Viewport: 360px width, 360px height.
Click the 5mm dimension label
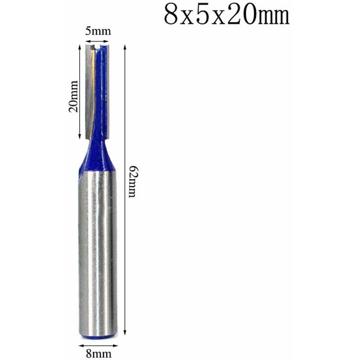pos(98,31)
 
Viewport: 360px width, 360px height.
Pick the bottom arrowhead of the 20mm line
pos(81,137)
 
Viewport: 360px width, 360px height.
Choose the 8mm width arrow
pos(98,346)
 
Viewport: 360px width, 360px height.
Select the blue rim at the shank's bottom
pos(98,335)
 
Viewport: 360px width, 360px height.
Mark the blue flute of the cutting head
pos(103,90)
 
